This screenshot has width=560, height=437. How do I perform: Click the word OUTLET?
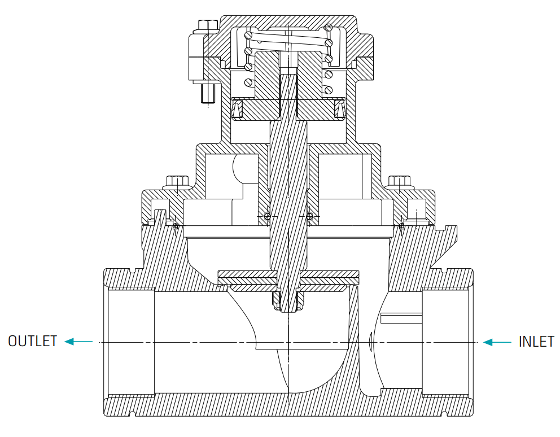click(x=33, y=341)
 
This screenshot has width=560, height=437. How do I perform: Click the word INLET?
click(x=536, y=342)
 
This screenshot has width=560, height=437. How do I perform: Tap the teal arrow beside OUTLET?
click(x=78, y=342)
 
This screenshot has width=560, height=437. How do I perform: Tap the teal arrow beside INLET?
click(x=497, y=342)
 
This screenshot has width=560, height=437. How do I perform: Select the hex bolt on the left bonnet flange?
click(x=177, y=181)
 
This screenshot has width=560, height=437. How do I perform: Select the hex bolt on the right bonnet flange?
click(x=399, y=181)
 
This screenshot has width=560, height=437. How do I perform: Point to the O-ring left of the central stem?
click(x=267, y=216)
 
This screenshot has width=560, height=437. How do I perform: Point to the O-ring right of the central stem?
click(x=310, y=216)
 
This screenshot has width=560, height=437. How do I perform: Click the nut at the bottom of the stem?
click(x=288, y=300)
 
